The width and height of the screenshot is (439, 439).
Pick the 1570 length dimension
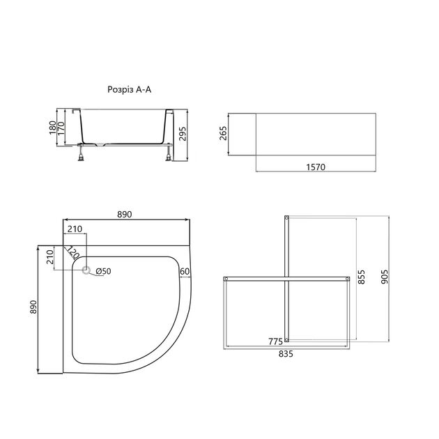coord(315,167)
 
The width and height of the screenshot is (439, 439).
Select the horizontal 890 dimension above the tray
coord(124,215)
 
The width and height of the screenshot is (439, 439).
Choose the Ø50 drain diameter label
coord(103,271)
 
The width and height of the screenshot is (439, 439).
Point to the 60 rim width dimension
coord(185,271)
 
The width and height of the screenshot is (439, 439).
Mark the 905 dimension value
coord(385,277)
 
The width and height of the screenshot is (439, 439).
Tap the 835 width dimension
coord(286,354)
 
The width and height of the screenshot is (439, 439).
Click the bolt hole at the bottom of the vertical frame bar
coord(286,341)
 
